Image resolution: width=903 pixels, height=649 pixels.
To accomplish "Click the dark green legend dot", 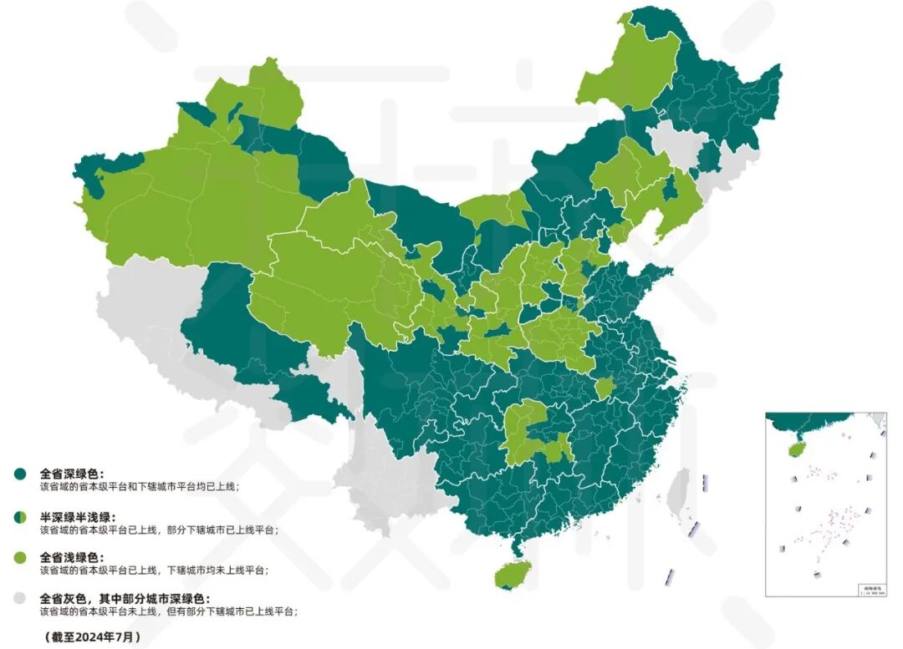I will click(x=19, y=474).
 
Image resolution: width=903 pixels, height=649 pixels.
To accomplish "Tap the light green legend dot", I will click(x=19, y=557).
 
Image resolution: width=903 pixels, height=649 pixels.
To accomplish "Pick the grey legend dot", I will click(x=19, y=599).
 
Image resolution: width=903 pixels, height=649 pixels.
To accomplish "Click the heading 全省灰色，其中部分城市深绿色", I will click(x=125, y=598).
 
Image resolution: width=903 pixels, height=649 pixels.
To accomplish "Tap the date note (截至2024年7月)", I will click(x=88, y=636).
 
